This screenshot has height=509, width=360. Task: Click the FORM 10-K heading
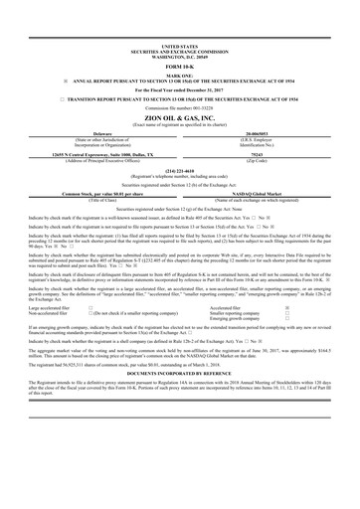(x=179, y=66)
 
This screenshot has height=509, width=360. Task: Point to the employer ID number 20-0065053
(x=263, y=129)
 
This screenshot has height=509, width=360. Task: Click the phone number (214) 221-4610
(x=179, y=169)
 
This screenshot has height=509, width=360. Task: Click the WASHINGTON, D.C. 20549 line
(x=179, y=55)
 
